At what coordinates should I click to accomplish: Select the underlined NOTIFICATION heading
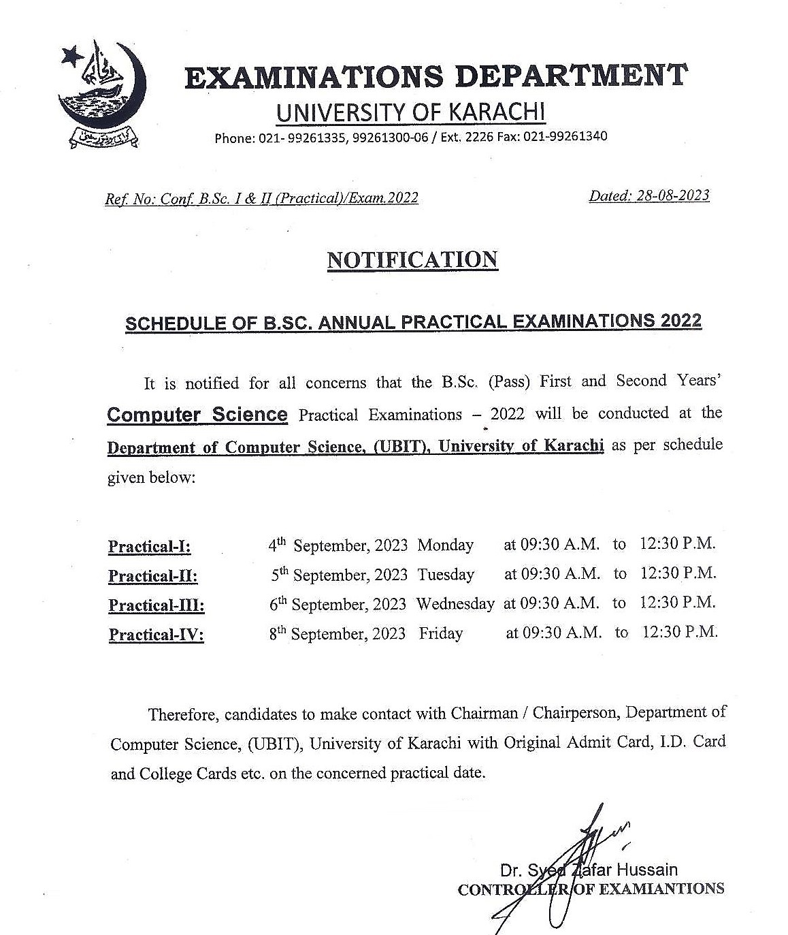pos(412,260)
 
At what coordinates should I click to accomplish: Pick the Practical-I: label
pos(150,547)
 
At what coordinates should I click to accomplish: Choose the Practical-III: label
pos(157,605)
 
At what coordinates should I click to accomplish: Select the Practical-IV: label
pos(157,635)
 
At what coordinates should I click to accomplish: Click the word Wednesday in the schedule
pos(455,604)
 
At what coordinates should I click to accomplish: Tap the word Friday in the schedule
pos(440,634)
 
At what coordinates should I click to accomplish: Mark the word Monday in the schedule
pos(445,545)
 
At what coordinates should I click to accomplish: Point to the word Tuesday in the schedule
pos(446,575)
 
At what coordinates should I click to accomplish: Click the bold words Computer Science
pos(197,415)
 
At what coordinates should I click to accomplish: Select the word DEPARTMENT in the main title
pos(571,76)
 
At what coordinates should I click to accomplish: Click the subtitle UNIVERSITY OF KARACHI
pos(411,112)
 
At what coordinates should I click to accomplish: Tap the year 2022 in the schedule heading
pos(680,321)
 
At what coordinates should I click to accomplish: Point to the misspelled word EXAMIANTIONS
pos(658,889)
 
